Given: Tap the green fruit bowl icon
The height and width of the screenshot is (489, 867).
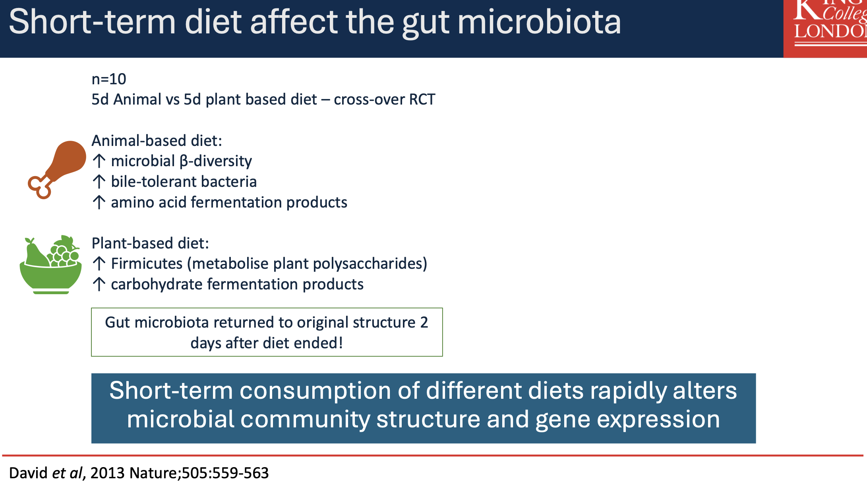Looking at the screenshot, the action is click(50, 265).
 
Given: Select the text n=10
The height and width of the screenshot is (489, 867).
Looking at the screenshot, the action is click(109, 79).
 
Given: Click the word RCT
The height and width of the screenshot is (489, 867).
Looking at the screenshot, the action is click(422, 99).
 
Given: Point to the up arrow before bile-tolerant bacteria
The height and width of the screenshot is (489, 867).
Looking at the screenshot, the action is click(99, 182).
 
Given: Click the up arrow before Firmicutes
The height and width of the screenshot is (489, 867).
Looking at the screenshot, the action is click(99, 264).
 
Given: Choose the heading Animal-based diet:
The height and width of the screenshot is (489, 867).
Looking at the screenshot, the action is click(157, 141).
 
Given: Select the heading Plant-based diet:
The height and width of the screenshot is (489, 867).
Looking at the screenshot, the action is click(150, 243).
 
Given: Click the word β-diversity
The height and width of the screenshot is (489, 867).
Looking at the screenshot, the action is click(216, 161).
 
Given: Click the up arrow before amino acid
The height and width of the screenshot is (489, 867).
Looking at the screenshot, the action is click(99, 202).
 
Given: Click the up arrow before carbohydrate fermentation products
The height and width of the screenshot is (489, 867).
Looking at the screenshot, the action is click(99, 284).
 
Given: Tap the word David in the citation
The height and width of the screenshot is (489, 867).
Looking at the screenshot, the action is click(29, 473).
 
